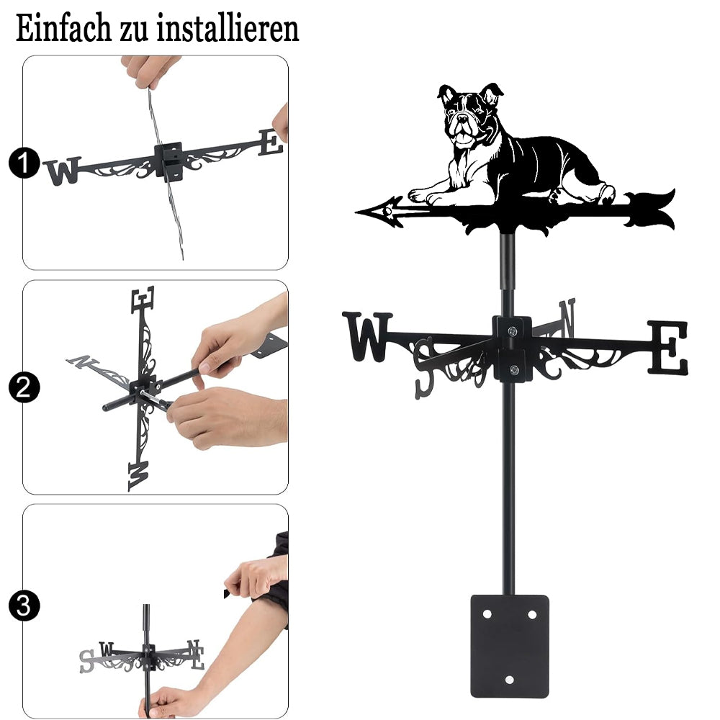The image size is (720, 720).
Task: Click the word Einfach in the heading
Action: [63, 29]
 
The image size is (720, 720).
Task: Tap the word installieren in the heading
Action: [228, 29]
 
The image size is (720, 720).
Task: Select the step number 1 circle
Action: [24, 163]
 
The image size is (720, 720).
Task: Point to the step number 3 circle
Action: [24, 606]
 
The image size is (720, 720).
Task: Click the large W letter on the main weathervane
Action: [367, 336]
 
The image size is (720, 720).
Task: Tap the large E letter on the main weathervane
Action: [668, 347]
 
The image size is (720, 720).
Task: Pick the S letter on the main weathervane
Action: [424, 367]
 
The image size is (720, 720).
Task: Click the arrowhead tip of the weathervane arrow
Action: [357, 212]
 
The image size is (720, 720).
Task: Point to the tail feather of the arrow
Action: [649, 210]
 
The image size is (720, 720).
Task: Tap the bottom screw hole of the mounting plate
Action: [509, 680]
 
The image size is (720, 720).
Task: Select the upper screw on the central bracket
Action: [513, 330]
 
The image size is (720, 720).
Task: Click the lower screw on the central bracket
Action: [514, 369]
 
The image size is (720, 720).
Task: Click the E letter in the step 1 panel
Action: [270, 143]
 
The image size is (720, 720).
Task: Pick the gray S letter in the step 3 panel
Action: [86, 661]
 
